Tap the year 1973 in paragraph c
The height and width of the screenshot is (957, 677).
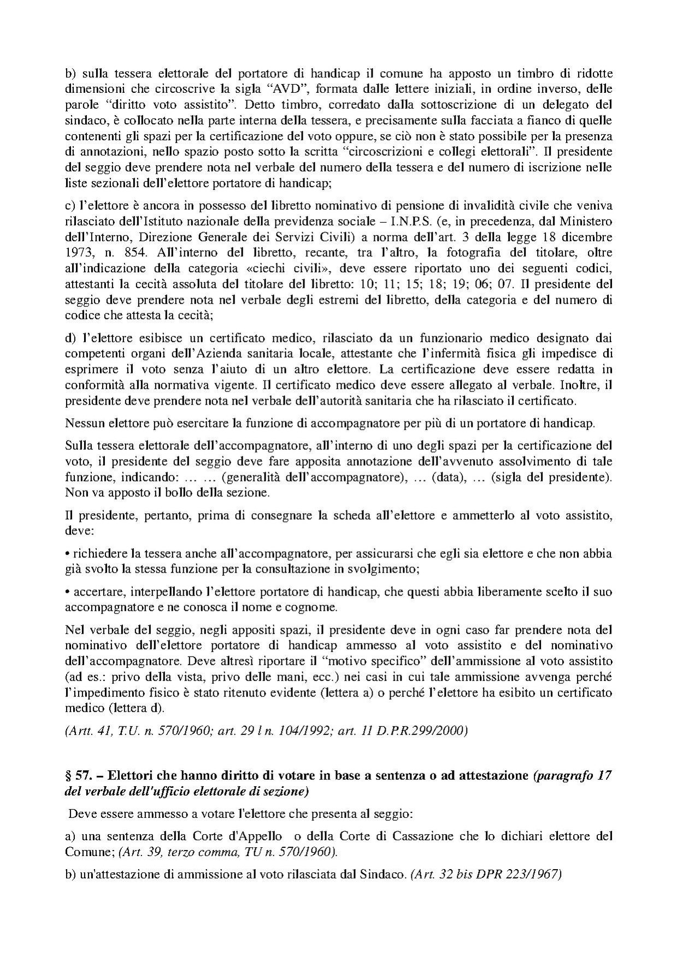(x=78, y=253)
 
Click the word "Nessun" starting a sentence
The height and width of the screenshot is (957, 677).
(x=82, y=424)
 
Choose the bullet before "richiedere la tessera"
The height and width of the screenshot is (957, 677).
(x=67, y=554)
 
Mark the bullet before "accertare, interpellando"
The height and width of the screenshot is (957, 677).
(x=67, y=592)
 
